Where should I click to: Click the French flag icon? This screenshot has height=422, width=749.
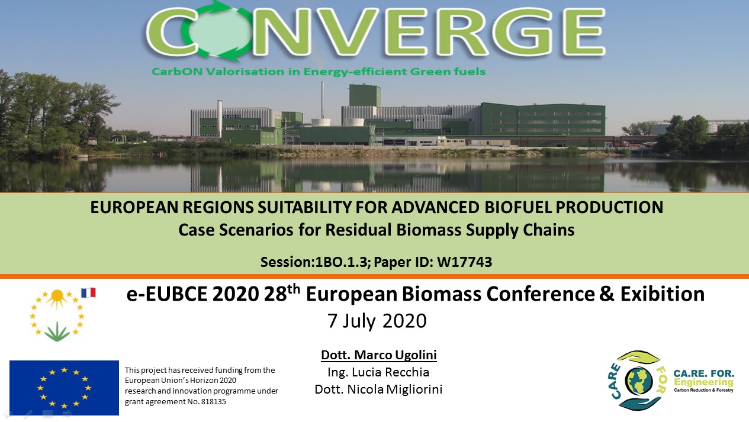(x=89, y=293)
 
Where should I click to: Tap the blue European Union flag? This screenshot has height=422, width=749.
(x=64, y=388)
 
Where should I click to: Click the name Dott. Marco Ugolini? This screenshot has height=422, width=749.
(x=379, y=355)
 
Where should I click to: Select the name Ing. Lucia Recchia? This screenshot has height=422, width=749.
(x=378, y=372)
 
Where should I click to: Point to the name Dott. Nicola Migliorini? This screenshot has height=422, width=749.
(x=378, y=389)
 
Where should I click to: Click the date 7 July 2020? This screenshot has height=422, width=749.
(x=377, y=321)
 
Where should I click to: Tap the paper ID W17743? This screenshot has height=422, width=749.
(x=464, y=262)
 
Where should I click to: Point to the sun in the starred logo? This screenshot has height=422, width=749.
(x=57, y=297)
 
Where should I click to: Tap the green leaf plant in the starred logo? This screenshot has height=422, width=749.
(x=57, y=332)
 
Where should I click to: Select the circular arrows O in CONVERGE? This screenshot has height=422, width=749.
(x=217, y=31)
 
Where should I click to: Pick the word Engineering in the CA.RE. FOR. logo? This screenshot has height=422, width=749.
(x=703, y=382)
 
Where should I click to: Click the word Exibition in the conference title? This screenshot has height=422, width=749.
(x=663, y=294)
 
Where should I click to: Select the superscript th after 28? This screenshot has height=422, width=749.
(x=294, y=289)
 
